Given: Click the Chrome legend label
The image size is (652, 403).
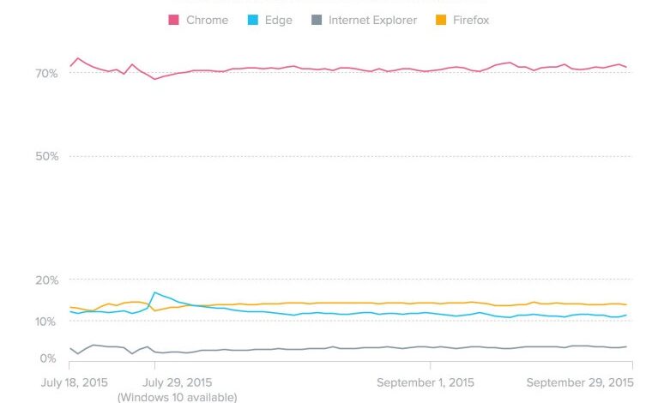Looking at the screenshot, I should coord(207,20).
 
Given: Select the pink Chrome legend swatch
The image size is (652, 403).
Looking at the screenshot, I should coord(173,20).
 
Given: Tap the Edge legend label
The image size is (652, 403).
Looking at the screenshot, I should coord(279,20).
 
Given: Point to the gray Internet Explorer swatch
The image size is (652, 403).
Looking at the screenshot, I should coord(317,20).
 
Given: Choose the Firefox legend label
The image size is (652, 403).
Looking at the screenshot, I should coord(470,20).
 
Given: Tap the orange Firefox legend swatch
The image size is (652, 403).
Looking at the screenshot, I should coord(440,20).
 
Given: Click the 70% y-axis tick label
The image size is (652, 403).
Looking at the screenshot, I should coord(47,74).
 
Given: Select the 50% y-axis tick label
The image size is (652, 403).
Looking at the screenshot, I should coord(47,156).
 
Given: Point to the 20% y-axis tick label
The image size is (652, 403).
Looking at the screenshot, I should coord(47,280).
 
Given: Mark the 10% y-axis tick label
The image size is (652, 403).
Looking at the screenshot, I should coord(47,322).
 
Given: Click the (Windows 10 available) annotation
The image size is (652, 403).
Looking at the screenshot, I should coord(177,397).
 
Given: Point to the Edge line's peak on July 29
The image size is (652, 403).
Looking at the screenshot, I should coord(154,292).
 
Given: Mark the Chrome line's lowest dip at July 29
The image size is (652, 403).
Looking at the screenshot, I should coord(154,79).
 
